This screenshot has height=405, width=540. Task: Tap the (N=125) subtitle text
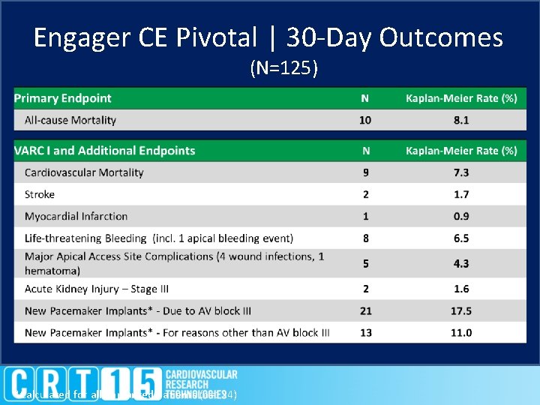tap(283, 69)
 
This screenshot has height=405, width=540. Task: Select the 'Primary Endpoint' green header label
tap(63, 98)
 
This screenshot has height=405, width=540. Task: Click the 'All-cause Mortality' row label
tap(70, 120)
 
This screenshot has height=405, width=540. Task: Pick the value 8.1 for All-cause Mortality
tap(461, 120)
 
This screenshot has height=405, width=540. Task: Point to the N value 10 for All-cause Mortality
tap(365, 120)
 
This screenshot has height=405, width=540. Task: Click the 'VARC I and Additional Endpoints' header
tap(105, 151)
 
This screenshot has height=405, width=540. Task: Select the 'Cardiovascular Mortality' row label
tap(84, 172)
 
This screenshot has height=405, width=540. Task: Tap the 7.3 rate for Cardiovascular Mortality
tap(461, 172)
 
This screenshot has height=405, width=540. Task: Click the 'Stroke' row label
tap(40, 194)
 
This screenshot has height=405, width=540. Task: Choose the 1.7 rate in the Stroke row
tap(461, 194)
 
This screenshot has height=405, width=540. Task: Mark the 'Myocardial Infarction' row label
tap(76, 216)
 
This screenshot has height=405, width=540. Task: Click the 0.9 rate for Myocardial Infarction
tap(461, 216)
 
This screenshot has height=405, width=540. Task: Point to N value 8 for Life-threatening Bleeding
tap(365, 238)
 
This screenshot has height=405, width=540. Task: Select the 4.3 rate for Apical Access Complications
tap(461, 263)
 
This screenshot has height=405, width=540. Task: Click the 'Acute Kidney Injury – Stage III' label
tap(100, 289)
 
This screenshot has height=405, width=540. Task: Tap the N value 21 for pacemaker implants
tap(365, 310)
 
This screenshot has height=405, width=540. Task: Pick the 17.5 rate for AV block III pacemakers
tap(461, 310)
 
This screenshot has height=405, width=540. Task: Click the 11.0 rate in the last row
tap(461, 332)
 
